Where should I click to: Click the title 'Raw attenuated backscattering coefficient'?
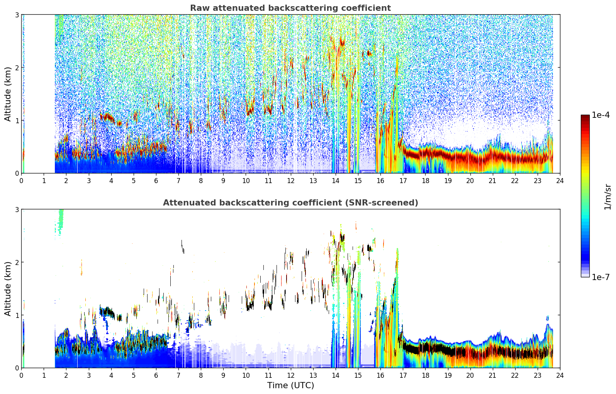(x=290, y=8)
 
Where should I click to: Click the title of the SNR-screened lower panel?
(x=290, y=202)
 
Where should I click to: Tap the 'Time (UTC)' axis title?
(x=290, y=385)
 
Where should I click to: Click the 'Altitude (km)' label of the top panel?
(x=8, y=94)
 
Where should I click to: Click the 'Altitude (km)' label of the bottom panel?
(x=8, y=289)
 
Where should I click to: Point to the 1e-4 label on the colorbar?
(x=601, y=115)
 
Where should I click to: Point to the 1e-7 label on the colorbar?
(x=601, y=277)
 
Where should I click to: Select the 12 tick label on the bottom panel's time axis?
(x=291, y=375)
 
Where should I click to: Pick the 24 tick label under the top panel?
(x=560, y=181)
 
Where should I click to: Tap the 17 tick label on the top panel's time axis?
(x=403, y=181)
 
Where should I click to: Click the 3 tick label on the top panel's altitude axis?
(x=17, y=15)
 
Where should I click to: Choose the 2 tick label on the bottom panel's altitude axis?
(x=17, y=262)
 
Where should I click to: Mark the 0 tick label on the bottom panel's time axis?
(x=22, y=375)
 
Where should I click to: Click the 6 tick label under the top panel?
(x=156, y=181)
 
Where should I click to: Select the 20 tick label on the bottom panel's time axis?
(x=470, y=375)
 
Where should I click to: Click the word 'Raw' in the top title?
(x=200, y=8)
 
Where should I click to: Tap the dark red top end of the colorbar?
(x=585, y=117)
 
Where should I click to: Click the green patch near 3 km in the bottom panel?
(x=61, y=221)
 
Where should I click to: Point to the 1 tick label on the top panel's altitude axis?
(x=17, y=121)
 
